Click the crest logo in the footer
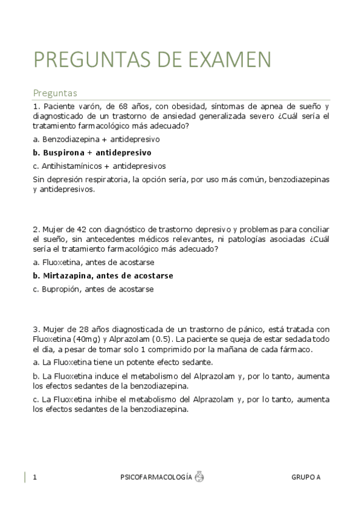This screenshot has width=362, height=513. (x=199, y=477)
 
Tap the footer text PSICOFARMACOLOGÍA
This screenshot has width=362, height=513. (x=157, y=477)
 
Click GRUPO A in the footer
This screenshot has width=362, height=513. (x=306, y=477)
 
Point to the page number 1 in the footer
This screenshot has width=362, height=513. (x=35, y=477)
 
